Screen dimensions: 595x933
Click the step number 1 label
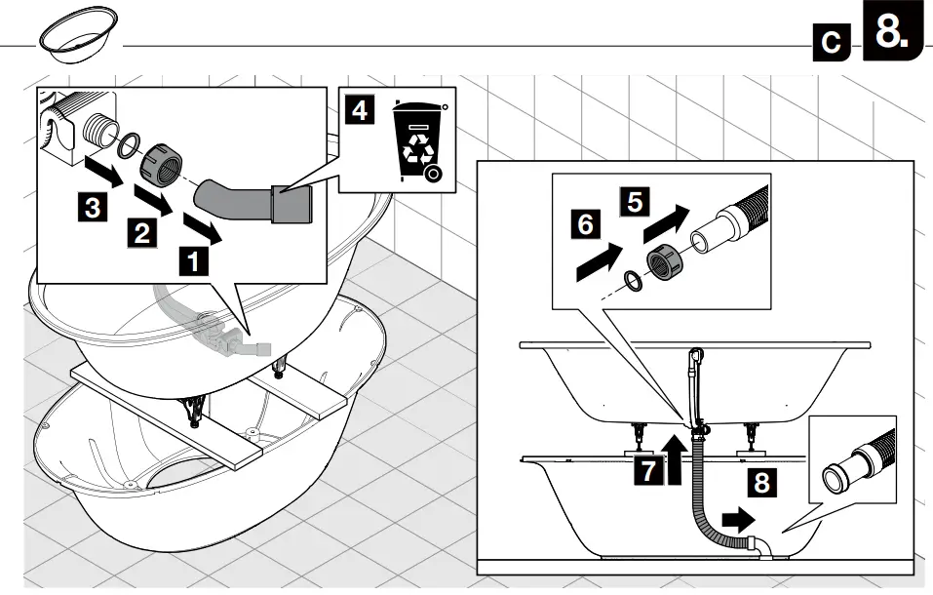point(193,261)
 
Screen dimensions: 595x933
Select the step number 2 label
point(141,233)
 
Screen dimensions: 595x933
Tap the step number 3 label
point(91,207)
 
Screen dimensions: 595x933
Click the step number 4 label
point(361,110)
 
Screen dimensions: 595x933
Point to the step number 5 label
point(634,202)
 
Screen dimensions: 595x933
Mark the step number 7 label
point(645,470)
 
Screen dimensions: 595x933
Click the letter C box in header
point(832,43)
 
